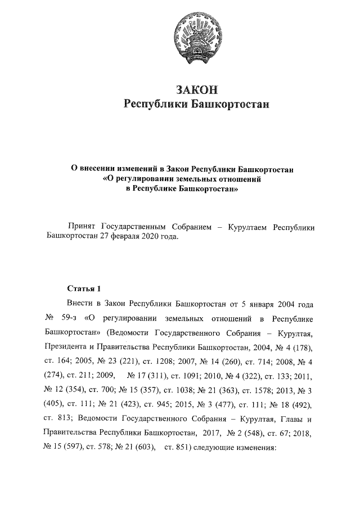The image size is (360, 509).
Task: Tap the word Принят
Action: [82, 227]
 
